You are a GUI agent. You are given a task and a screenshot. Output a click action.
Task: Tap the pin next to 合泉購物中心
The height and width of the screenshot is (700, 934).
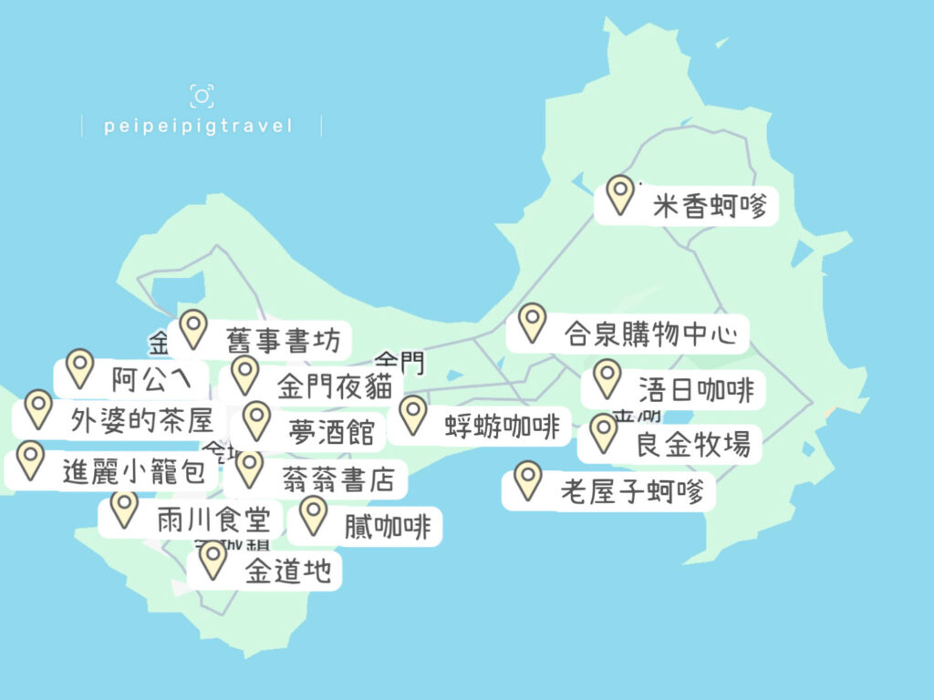532,322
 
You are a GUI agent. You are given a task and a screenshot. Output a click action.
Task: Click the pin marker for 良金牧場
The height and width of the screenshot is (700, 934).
604,432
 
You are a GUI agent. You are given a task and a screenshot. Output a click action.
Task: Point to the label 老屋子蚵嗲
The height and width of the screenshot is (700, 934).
632,493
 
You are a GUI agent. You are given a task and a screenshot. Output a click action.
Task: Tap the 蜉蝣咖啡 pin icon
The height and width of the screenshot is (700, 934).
413,415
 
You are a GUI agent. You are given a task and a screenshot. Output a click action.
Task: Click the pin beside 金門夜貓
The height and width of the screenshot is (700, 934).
244,374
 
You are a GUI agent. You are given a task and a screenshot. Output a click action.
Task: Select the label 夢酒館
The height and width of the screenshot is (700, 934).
330,432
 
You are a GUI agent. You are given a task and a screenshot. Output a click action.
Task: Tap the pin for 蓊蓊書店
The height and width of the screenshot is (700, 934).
249,468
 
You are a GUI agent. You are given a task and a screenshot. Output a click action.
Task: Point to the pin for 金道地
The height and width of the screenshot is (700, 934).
213,559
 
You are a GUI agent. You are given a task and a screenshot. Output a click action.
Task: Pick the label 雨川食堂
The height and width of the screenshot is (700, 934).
213,520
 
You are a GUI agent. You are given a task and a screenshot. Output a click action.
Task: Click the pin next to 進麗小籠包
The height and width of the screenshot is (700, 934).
31,460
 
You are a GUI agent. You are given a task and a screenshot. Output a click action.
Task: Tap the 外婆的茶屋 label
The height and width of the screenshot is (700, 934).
141,420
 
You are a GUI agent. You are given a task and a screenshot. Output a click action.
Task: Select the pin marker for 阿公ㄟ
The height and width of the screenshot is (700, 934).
80,367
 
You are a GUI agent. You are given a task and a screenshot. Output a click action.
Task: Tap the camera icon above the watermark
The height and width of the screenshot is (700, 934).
202,95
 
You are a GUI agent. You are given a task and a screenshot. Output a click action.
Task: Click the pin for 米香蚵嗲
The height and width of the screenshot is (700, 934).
620,193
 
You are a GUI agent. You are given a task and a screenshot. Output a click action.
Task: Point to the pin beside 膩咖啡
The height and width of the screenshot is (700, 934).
314,514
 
